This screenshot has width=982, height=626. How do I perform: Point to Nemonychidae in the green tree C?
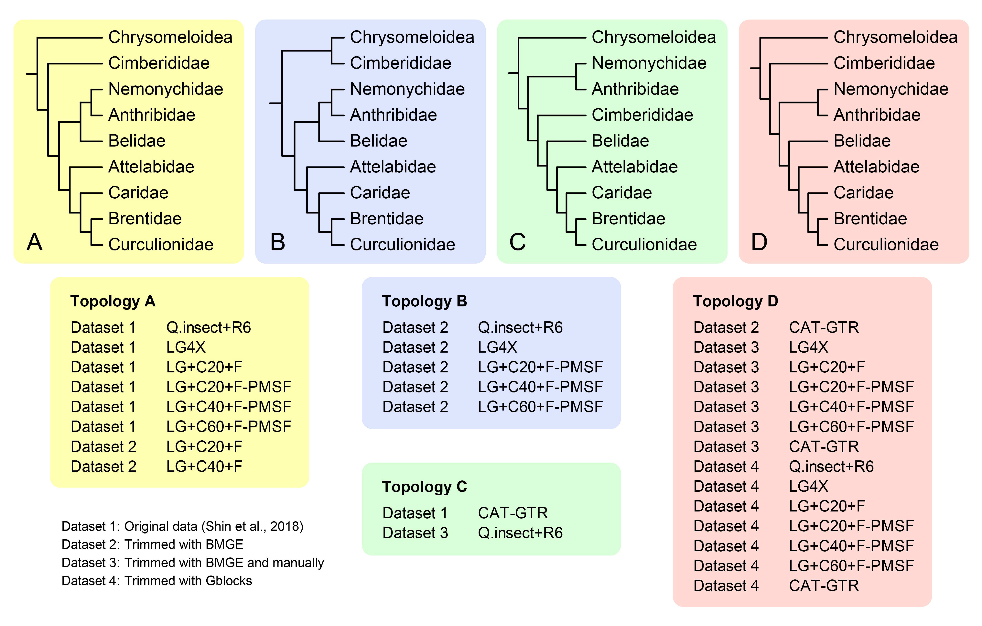(649, 63)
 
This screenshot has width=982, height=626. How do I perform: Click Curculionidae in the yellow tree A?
(161, 245)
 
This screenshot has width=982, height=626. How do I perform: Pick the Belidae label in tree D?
(862, 141)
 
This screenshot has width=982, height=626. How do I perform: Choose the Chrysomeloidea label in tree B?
(412, 37)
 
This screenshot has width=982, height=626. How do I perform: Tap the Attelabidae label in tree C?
(635, 167)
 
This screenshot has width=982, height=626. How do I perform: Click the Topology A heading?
(113, 301)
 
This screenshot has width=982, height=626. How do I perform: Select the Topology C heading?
(424, 487)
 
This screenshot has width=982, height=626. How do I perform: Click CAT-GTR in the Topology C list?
(513, 513)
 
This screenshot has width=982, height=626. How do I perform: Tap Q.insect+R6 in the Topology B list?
(520, 327)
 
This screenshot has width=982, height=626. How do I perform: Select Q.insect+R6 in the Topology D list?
(831, 467)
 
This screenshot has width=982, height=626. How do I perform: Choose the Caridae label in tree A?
(138, 193)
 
